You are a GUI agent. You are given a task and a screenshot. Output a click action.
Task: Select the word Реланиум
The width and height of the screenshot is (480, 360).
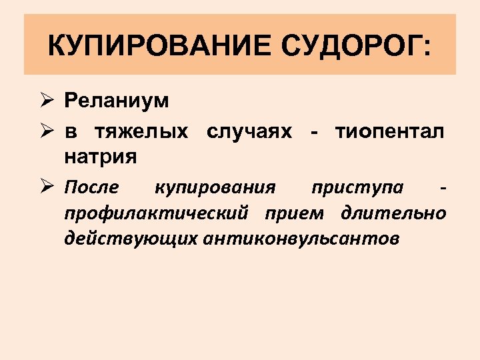tap(117, 101)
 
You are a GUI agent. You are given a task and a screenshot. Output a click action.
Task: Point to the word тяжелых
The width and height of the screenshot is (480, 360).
tap(146, 131)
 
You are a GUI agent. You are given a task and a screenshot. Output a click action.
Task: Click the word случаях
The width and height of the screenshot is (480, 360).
tap(249, 131)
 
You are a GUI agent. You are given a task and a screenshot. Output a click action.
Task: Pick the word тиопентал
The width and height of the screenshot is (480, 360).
tap(389, 131)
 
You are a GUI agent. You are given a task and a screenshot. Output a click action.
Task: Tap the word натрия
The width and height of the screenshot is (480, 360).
tap(101, 158)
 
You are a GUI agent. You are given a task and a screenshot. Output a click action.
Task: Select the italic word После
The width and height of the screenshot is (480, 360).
tap(92, 187)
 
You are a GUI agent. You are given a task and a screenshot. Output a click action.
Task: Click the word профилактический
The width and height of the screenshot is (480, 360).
tap(157, 213)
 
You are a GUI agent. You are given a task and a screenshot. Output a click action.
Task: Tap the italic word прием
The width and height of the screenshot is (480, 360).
tap(294, 213)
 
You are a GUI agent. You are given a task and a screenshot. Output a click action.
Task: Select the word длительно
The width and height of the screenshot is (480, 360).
tap(393, 213)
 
